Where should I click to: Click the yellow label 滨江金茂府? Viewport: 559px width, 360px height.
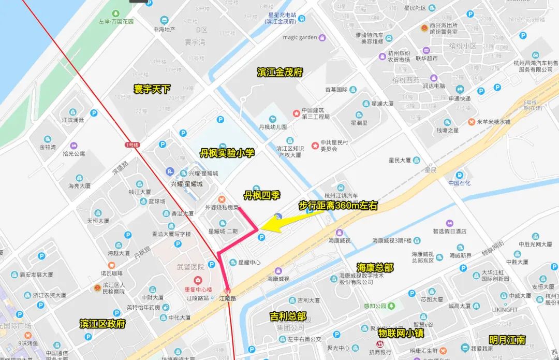point(279,73)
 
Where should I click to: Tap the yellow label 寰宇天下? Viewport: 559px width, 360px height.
point(152,89)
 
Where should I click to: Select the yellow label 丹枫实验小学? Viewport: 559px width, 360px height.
point(227,153)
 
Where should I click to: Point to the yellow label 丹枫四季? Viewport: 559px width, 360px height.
point(262,195)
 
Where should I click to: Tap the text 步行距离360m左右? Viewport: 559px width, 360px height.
point(338,206)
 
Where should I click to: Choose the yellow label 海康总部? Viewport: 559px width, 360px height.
point(375,267)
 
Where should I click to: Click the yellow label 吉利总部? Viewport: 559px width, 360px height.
point(288,316)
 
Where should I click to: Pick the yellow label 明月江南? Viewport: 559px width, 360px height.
point(507,340)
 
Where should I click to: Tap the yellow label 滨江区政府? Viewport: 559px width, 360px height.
point(102,324)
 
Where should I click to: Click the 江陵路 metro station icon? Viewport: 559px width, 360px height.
point(227,290)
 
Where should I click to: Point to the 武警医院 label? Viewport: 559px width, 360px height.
point(190,266)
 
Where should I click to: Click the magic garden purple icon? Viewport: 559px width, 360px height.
point(322,37)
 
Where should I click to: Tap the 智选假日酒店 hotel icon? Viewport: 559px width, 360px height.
point(449,223)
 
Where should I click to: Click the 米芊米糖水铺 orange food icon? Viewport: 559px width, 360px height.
point(472,122)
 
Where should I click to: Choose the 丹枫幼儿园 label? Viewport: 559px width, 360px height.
point(273,127)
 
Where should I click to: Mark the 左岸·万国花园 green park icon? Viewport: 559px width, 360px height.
point(116,13)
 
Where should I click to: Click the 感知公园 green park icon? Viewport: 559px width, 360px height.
point(392,306)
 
